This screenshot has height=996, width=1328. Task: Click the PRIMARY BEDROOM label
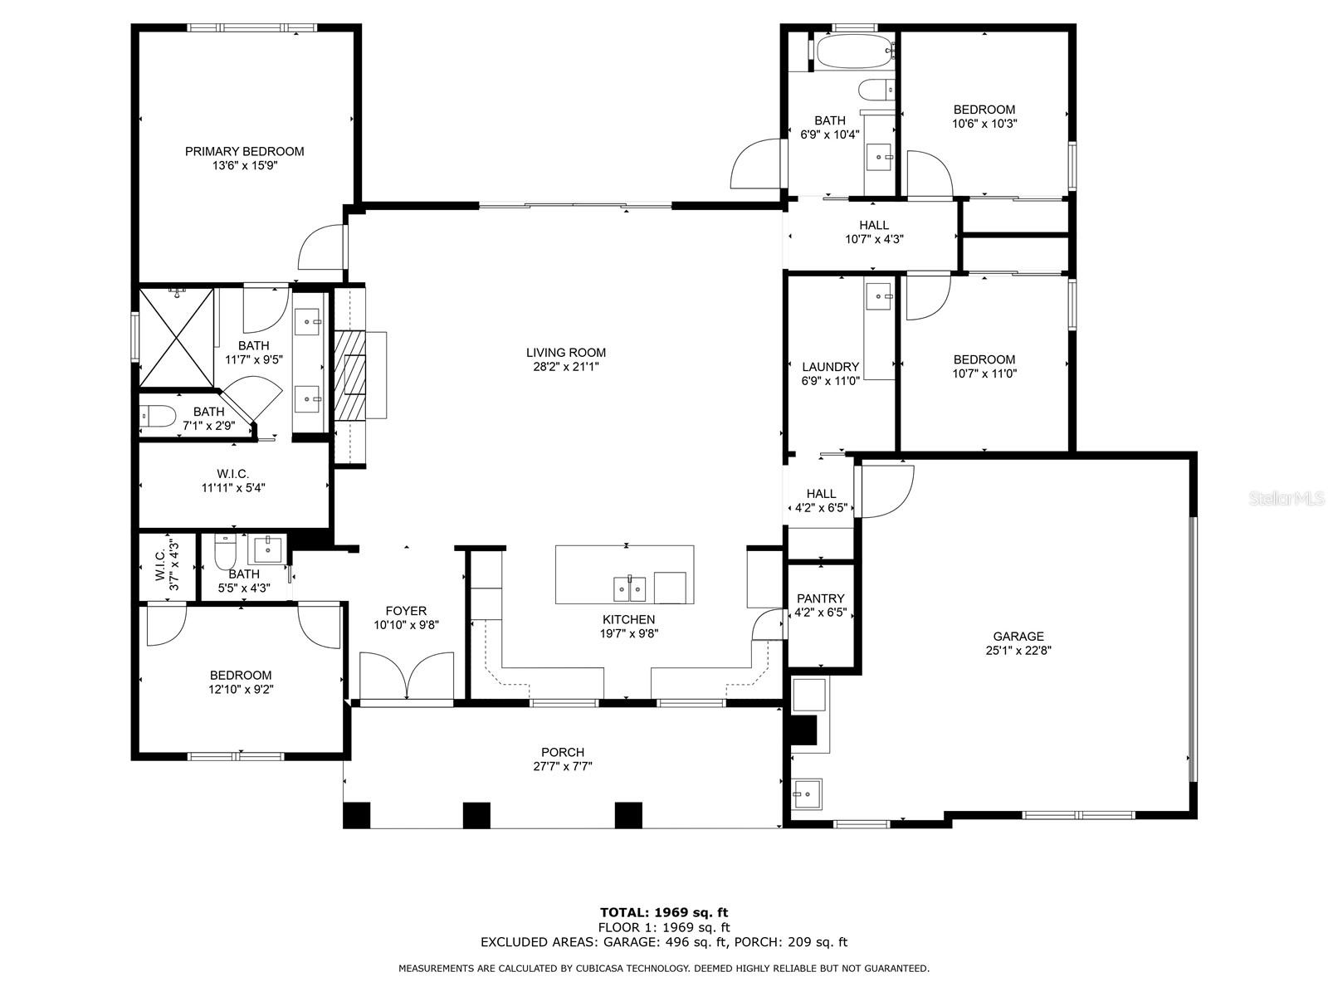pyautogui.click(x=244, y=151)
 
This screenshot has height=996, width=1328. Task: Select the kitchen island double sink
pyautogui.click(x=629, y=588)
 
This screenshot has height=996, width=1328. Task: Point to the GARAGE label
pyautogui.click(x=1018, y=637)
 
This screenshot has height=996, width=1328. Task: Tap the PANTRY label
pyautogui.click(x=820, y=598)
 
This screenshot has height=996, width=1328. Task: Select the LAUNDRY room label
pyautogui.click(x=830, y=367)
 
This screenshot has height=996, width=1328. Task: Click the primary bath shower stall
pyautogui.click(x=176, y=337)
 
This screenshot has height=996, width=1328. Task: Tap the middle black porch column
pyautogui.click(x=476, y=815)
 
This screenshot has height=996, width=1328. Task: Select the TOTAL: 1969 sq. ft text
pyautogui.click(x=664, y=913)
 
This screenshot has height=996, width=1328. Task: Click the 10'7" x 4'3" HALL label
pyautogui.click(x=874, y=225)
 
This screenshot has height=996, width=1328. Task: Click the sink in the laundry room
pyautogui.click(x=879, y=295)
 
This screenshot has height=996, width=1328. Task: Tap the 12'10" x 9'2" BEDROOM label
pyautogui.click(x=241, y=676)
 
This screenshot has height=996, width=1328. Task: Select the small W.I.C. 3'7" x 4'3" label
pyautogui.click(x=166, y=565)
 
